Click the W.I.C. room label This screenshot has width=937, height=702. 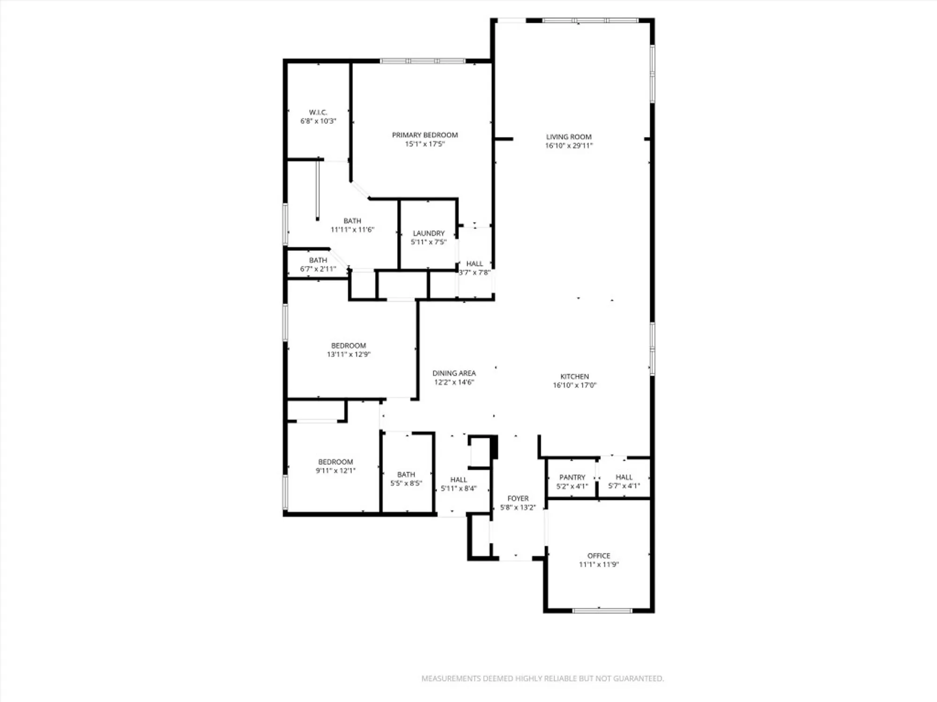click(318, 112)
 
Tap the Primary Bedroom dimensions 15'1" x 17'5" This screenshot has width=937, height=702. click(424, 144)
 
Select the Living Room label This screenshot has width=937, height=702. click(568, 137)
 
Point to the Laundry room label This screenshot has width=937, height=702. click(428, 233)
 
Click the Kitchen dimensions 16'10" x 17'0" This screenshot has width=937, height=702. click(574, 385)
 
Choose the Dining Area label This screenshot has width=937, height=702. click(454, 373)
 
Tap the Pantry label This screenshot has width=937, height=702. click(572, 477)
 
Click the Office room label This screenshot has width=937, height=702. click(598, 556)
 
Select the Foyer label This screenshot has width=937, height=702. click(518, 498)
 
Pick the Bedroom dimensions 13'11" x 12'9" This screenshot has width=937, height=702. click(349, 354)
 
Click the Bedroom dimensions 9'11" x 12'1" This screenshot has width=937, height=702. click(335, 471)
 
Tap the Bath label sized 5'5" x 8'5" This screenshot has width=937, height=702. click(406, 474)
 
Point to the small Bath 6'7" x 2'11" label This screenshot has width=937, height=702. click(318, 260)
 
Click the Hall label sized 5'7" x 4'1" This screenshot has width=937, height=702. click(624, 477)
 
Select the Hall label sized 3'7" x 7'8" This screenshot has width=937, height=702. click(474, 263)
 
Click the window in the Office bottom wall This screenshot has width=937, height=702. click(602, 610)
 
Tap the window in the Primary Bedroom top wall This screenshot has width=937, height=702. click(422, 61)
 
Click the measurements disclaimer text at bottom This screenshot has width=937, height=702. click(542, 678)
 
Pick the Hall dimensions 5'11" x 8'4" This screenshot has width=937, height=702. click(458, 489)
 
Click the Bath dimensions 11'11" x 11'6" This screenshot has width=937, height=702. click(352, 230)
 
